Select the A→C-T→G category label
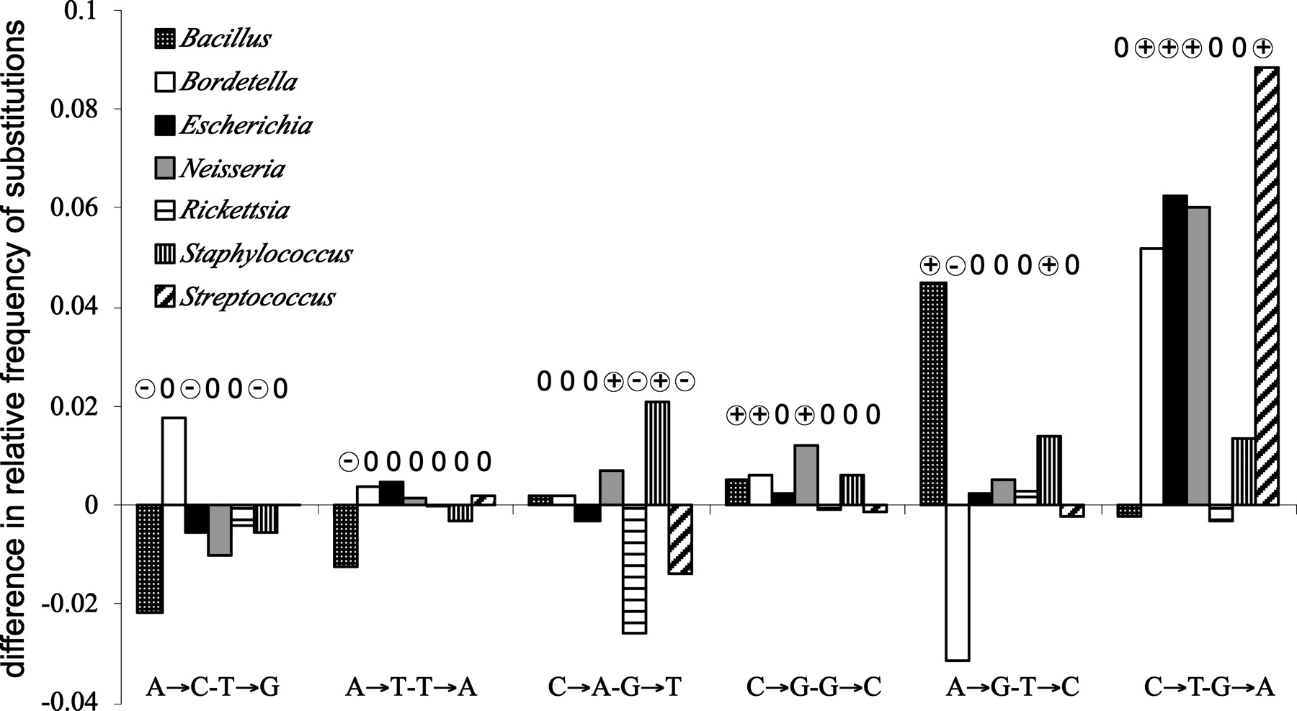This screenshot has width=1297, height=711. [213, 687]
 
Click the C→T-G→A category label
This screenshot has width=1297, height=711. [1208, 687]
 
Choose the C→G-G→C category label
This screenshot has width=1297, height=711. [814, 687]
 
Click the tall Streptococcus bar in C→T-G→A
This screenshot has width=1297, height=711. [1267, 286]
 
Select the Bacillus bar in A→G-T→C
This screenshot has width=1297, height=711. [934, 393]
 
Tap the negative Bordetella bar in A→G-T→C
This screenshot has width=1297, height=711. [958, 582]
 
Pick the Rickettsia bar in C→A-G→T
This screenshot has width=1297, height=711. [634, 569]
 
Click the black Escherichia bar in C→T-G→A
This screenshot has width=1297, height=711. [1175, 350]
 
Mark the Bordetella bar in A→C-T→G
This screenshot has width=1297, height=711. [174, 461]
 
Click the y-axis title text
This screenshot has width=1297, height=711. [16, 349]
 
